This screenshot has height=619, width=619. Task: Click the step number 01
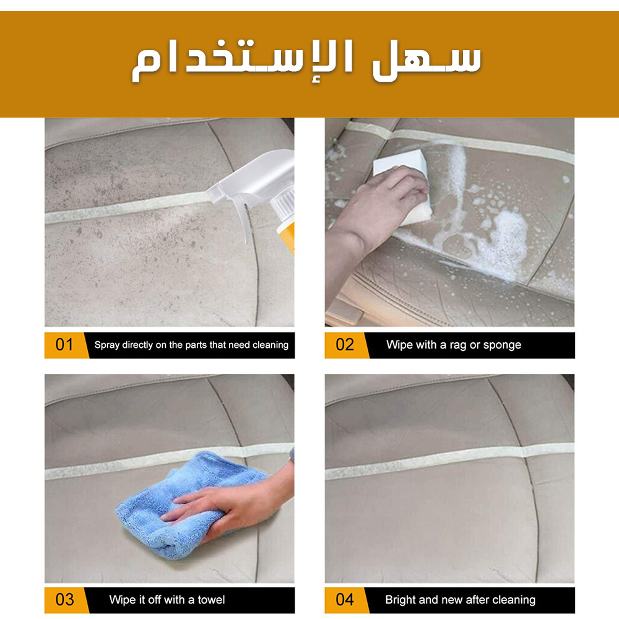pyautogui.click(x=64, y=345)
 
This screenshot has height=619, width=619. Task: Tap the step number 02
pyautogui.click(x=345, y=345)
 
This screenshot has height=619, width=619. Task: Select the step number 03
pyautogui.click(x=65, y=600)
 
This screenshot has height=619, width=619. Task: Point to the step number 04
pyautogui.click(x=345, y=600)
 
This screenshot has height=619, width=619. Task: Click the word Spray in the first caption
pyautogui.click(x=106, y=345)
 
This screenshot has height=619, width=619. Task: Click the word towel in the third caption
pyautogui.click(x=211, y=600)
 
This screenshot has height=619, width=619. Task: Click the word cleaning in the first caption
pyautogui.click(x=271, y=345)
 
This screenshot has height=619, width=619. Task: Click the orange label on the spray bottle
pyautogui.click(x=287, y=237)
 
